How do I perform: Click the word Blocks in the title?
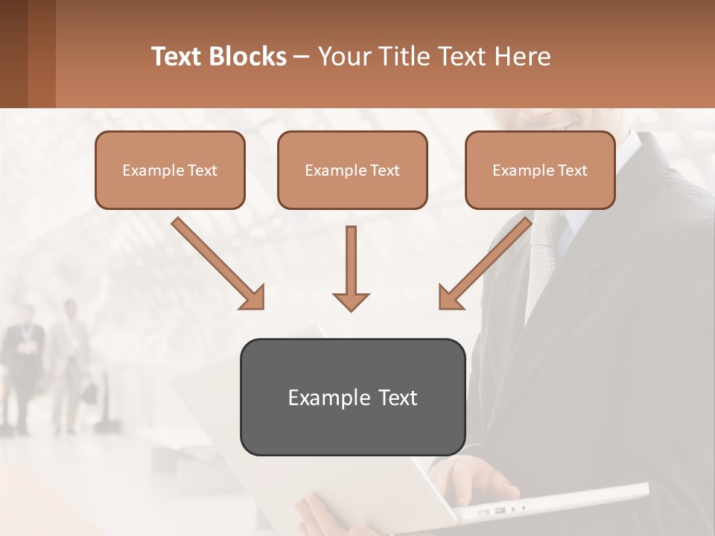coord(248,57)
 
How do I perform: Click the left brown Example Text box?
coord(170,170)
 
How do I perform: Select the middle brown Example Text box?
coord(352,170)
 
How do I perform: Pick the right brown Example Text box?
coord(540,170)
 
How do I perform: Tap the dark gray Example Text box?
coord(352,397)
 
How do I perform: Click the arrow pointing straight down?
coord(351,268)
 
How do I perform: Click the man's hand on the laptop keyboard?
coord(477,476)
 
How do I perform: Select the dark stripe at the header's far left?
coord(13,54)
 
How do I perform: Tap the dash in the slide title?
coord(302,57)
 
